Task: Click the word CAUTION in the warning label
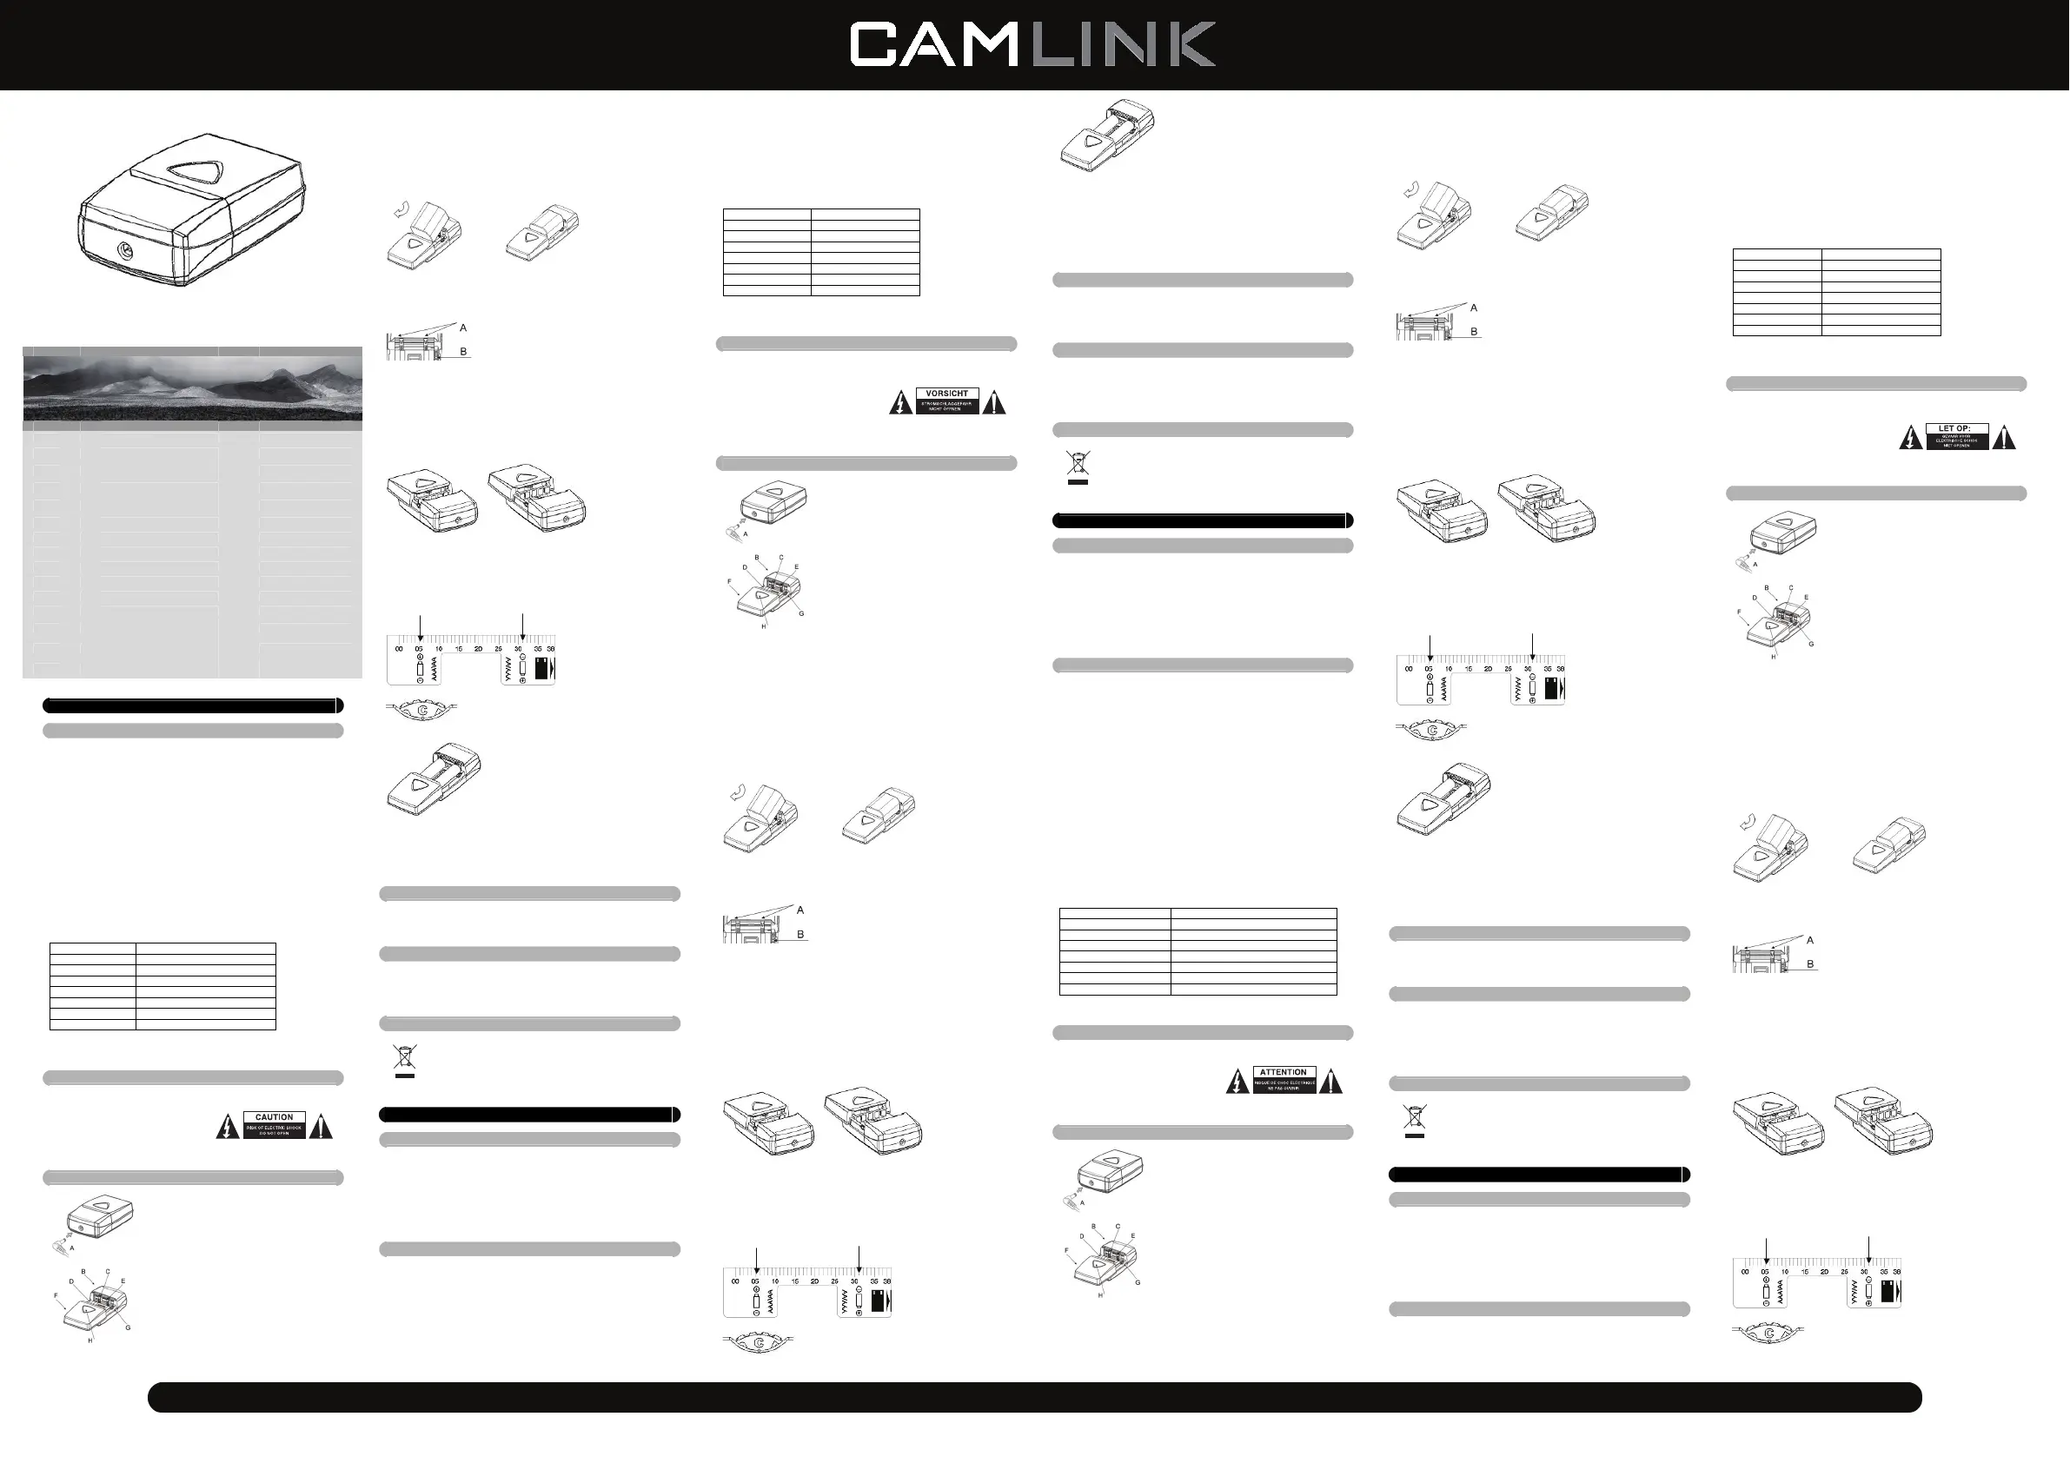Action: coord(274,1117)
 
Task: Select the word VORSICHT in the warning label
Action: coord(946,393)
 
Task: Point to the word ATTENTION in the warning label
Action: coord(1283,1073)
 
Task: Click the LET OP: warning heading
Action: coord(1954,428)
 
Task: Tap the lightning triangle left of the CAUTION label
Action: coord(228,1127)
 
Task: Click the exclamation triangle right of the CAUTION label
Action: coord(321,1127)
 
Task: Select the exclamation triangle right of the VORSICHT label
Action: coord(993,403)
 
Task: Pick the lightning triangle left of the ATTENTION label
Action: coord(1237,1082)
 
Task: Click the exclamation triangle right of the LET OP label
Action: coord(2003,438)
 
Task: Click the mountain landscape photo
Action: coord(192,388)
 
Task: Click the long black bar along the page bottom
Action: coord(1034,1397)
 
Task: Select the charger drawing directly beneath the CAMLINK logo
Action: coord(1107,136)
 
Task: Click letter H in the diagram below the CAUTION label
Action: coord(90,1341)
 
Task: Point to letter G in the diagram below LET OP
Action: coord(1811,644)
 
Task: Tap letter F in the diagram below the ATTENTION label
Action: coord(1066,1250)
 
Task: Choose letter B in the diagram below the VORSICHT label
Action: coord(756,557)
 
